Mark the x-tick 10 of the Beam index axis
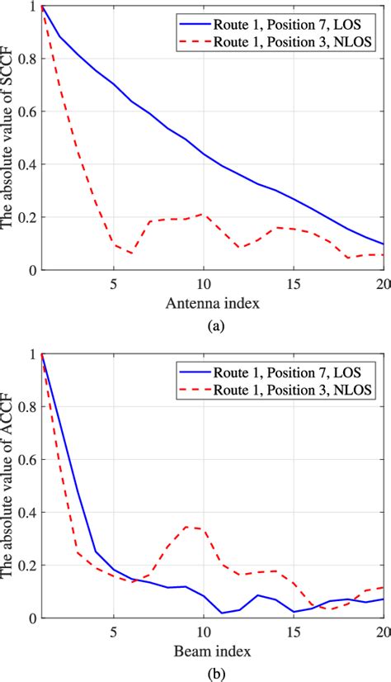point(204,632)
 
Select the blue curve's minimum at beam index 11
point(222,613)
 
